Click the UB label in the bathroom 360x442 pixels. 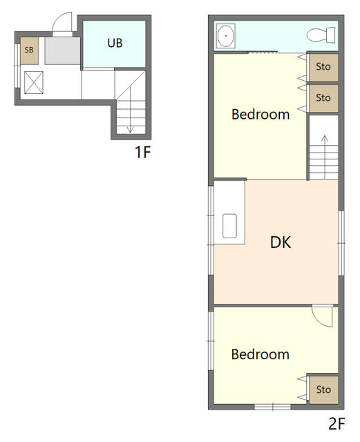115,42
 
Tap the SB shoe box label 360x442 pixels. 29,50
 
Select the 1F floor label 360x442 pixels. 142,152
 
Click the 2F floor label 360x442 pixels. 337,423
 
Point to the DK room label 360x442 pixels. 280,242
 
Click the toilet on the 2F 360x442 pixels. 321,35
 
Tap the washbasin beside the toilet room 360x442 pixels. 225,36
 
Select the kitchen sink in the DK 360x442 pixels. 229,226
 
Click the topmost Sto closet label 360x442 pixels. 323,66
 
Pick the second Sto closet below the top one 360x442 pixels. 323,98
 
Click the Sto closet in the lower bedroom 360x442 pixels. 323,390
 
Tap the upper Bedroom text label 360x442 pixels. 260,114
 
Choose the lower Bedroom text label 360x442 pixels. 260,354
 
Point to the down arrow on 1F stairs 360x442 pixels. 129,124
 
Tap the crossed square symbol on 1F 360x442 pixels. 34,81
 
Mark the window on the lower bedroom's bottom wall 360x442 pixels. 274,406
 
